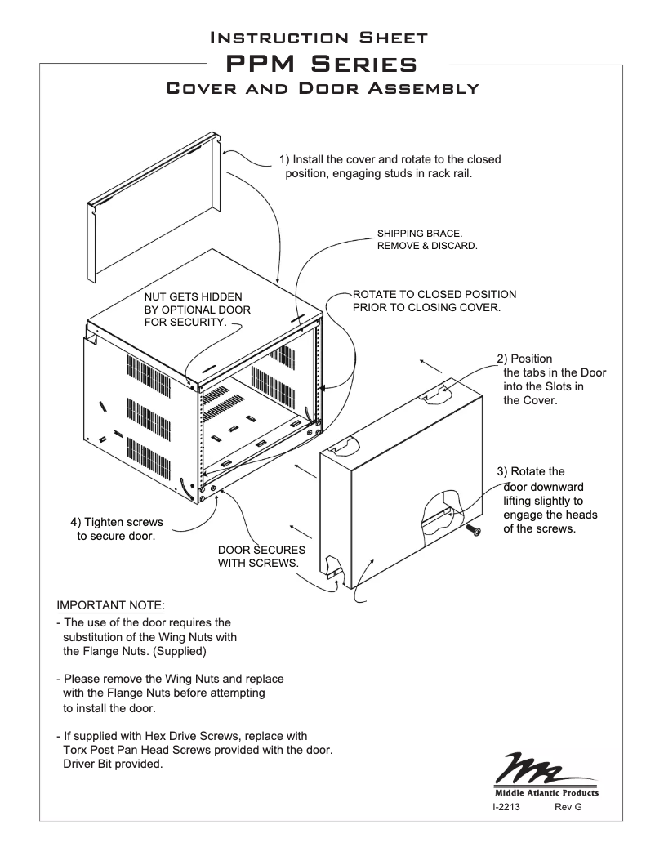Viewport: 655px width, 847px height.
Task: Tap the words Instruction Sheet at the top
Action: (319, 37)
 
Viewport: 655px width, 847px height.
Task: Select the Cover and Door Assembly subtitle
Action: (322, 88)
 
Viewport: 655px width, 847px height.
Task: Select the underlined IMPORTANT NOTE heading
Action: (110, 605)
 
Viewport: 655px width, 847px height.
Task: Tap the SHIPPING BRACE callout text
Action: (426, 239)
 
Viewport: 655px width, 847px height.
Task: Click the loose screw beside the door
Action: (473, 531)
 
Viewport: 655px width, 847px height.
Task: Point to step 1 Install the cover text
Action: (390, 166)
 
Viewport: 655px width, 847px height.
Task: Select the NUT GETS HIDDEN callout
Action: (197, 310)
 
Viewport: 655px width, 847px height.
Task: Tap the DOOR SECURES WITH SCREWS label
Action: (261, 556)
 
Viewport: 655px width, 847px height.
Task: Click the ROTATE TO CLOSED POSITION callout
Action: (434, 301)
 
